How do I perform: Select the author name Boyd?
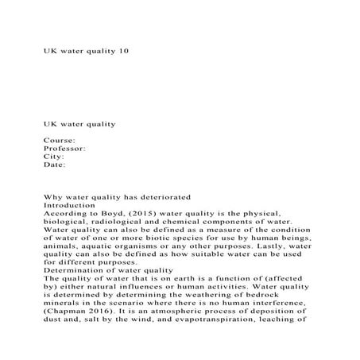(x=109, y=214)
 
